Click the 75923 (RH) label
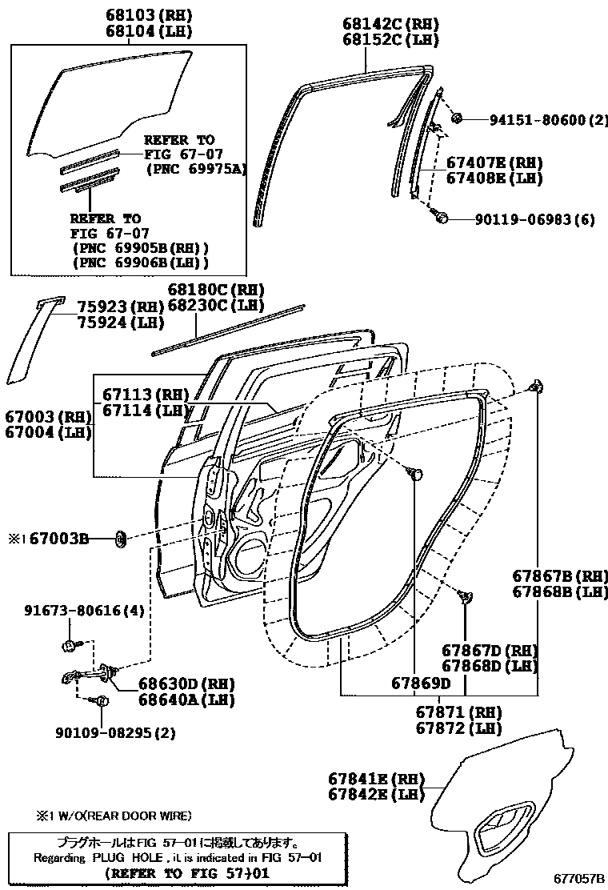click(120, 307)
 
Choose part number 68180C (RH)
click(215, 289)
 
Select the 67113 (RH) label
click(144, 395)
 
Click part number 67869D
click(421, 683)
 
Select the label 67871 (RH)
click(458, 712)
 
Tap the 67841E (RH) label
click(376, 778)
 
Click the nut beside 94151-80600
click(457, 119)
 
